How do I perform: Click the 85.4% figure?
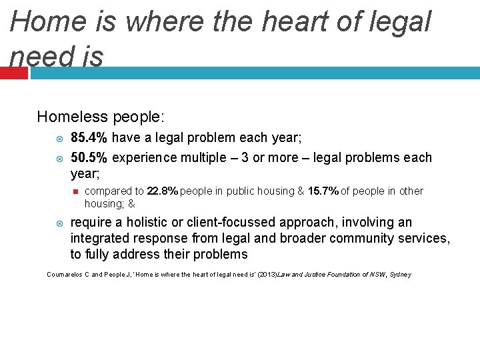click(89, 138)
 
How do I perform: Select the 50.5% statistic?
click(89, 158)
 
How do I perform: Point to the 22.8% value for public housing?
click(163, 191)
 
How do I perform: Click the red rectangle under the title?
click(13, 73)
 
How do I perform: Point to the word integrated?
click(100, 238)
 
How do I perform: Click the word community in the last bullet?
click(372, 238)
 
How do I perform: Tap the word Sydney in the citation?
click(400, 275)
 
